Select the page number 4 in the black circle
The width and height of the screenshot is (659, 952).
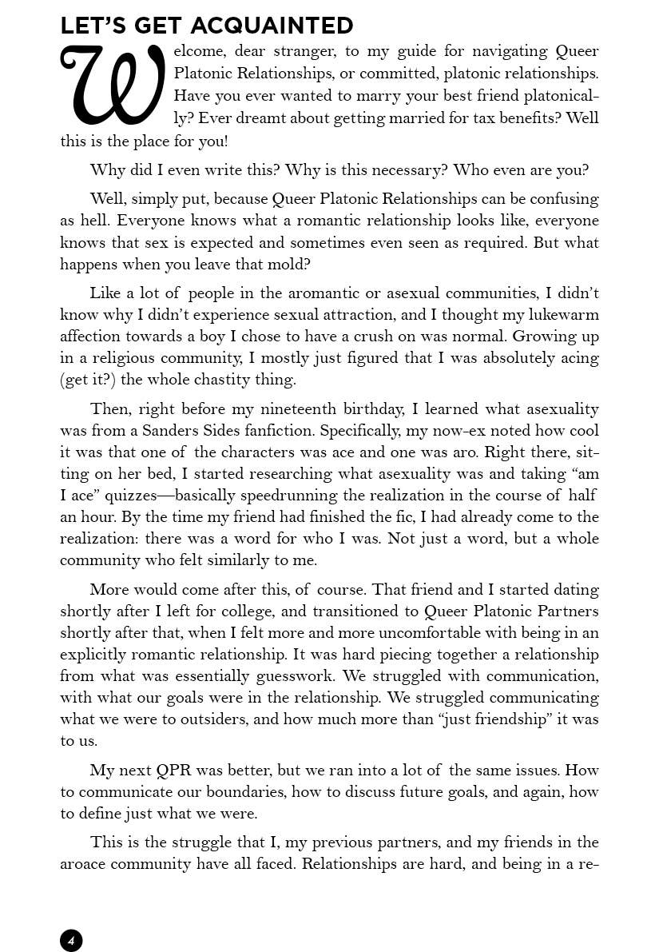coord(71,940)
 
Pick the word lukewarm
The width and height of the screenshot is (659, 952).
coord(558,315)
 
